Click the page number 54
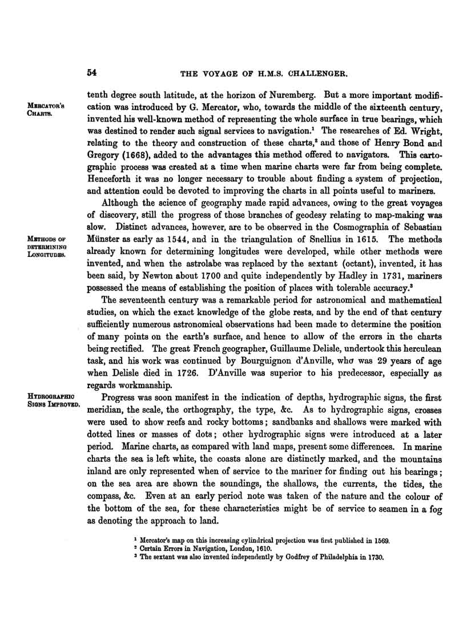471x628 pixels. tap(92, 73)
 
